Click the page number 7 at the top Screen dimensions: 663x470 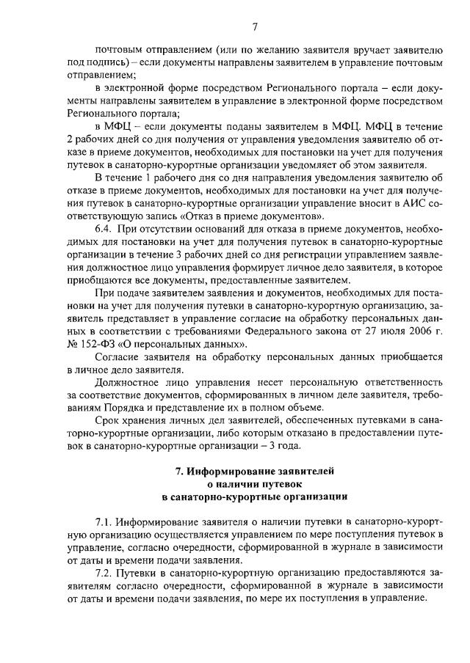coord(255,27)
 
